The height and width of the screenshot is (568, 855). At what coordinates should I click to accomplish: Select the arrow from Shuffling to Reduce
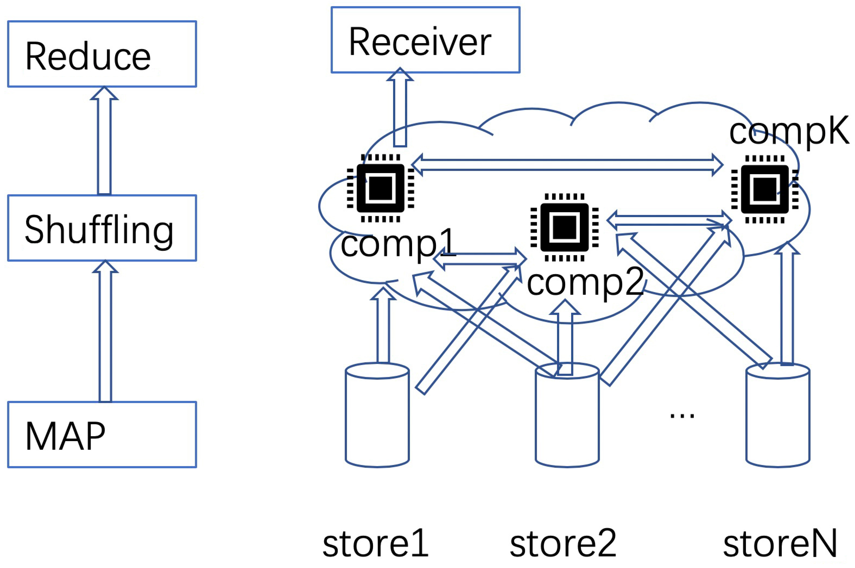(x=104, y=141)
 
